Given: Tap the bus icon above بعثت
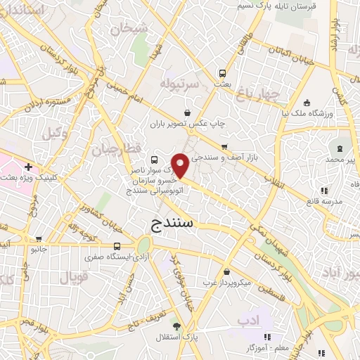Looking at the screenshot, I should tap(223, 72).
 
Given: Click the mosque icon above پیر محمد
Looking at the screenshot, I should tap(341, 149).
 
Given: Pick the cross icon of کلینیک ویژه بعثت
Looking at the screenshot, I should tap(27, 167).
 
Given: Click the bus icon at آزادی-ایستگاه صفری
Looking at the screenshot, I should tap(117, 247).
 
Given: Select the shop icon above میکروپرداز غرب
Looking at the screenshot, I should tap(226, 272).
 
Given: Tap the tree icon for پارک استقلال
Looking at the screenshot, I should tap(176, 327).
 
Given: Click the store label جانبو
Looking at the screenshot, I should tap(38, 248).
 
